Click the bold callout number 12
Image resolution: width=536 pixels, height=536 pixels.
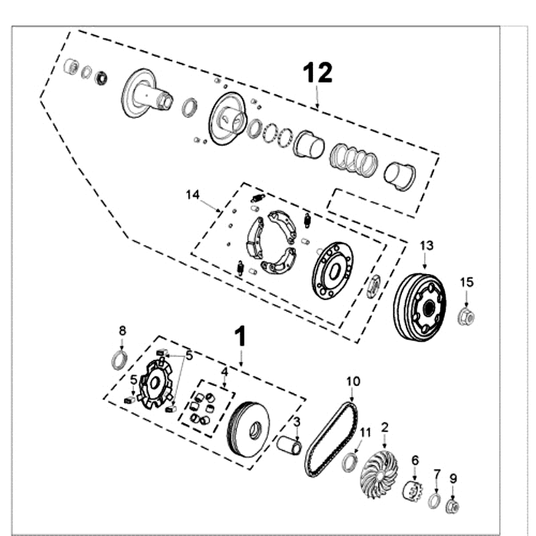tap(318, 72)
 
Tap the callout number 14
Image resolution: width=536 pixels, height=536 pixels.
tap(193, 194)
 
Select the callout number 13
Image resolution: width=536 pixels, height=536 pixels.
tap(427, 246)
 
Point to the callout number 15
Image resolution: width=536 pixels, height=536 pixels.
tap(467, 282)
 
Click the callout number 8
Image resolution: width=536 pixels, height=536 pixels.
tap(122, 330)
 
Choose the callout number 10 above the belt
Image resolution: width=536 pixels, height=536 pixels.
tap(353, 381)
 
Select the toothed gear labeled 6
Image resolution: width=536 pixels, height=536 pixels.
tap(412, 491)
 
